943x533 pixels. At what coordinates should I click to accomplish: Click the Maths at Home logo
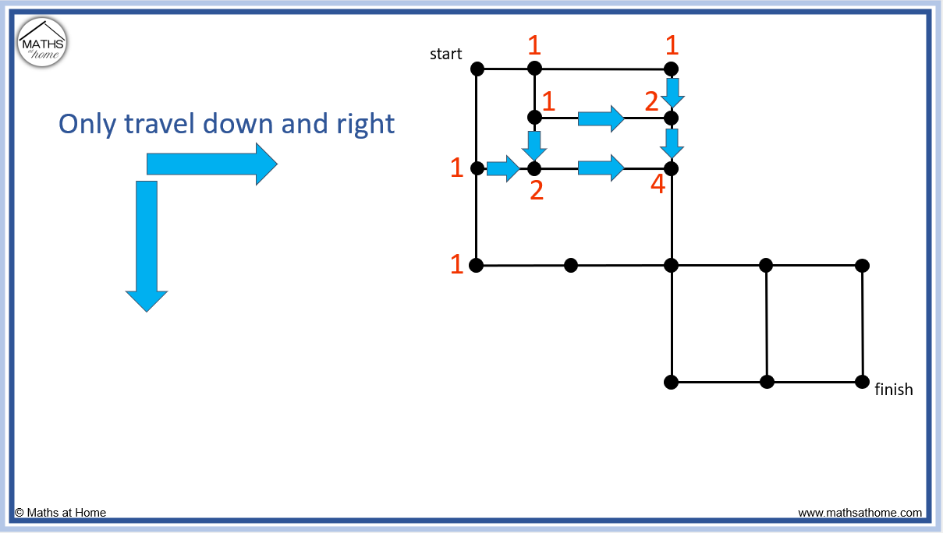42,42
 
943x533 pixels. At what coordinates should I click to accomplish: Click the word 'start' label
446,54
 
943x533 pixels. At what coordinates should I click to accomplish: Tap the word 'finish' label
894,389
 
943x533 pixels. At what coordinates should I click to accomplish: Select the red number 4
658,186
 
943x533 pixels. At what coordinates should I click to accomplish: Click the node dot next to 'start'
477,69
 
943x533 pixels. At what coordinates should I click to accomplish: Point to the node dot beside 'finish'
862,382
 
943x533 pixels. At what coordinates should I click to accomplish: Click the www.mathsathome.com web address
860,513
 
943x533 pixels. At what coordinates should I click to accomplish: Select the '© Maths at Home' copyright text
60,513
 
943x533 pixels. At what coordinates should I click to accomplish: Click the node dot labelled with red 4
671,168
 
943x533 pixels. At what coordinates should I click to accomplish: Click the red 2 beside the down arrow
652,101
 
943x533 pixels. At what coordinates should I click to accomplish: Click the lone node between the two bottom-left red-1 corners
571,265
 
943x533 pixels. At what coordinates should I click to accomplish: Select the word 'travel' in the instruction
168,124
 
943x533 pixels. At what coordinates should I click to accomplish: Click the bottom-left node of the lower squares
671,382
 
